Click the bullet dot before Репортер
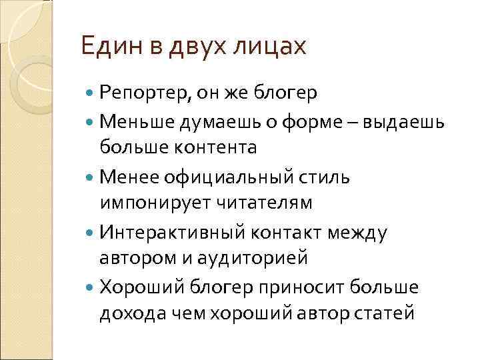pyautogui.click(x=91, y=93)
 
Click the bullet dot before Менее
pyautogui.click(x=91, y=177)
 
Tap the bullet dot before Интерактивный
pyautogui.click(x=91, y=233)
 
